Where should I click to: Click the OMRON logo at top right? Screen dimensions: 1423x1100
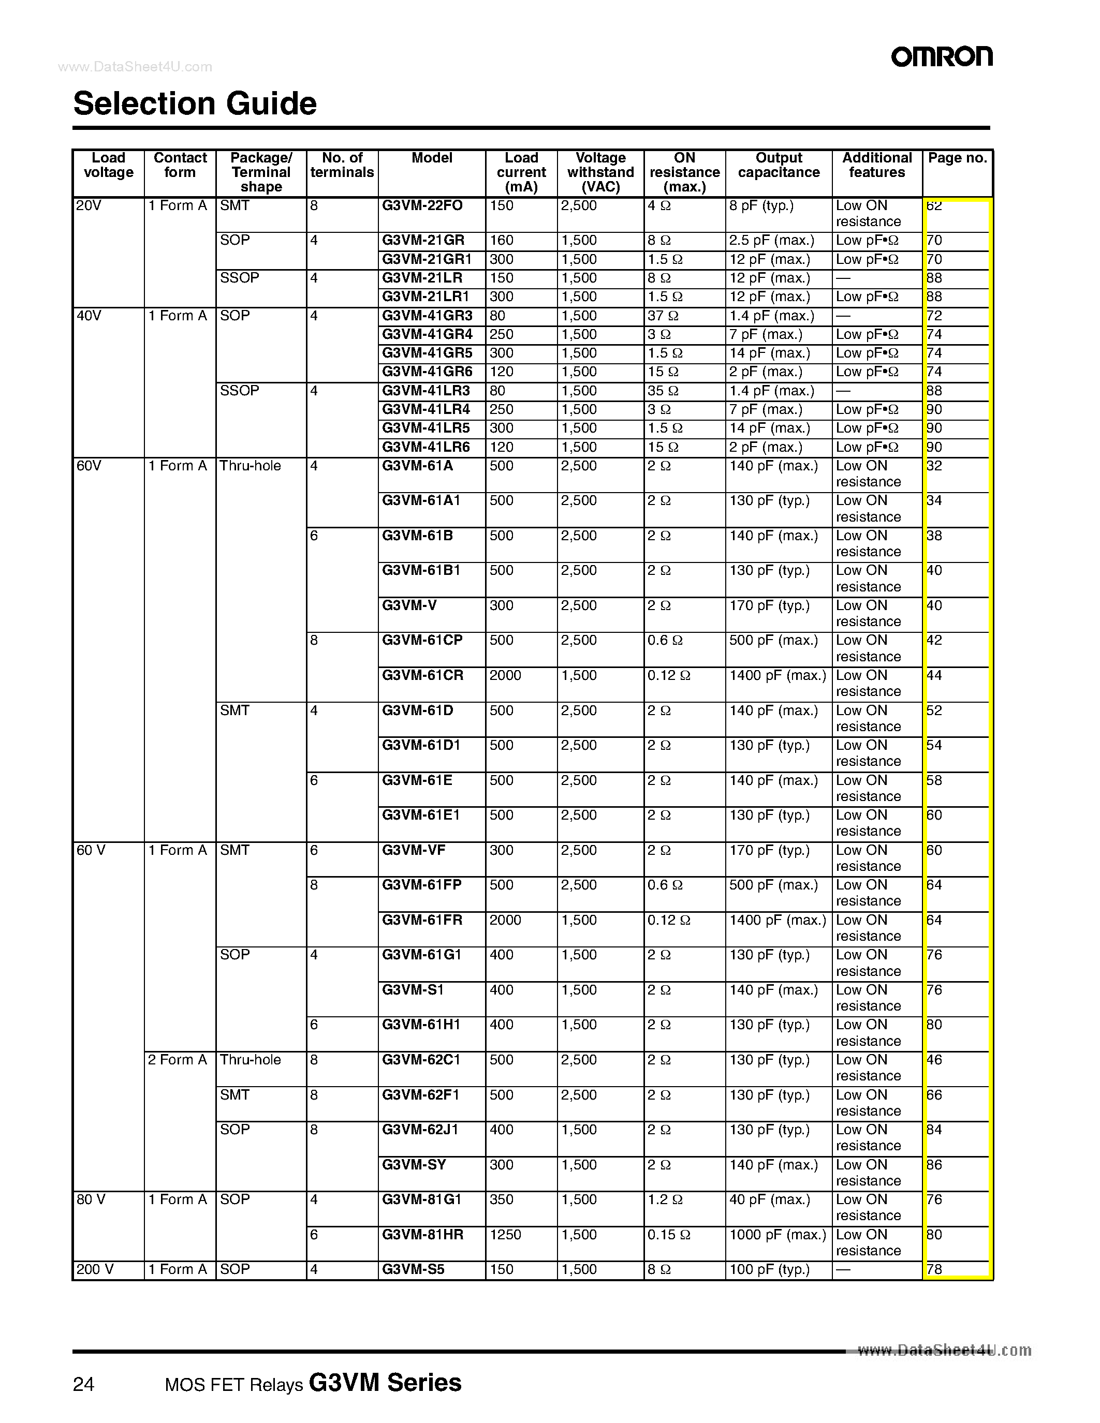click(x=942, y=57)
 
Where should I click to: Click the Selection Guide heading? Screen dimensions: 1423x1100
click(x=195, y=103)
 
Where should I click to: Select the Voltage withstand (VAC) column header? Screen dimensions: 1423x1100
click(x=600, y=173)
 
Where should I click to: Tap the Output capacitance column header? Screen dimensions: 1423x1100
click(x=779, y=166)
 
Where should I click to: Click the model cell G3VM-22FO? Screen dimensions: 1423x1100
click(x=422, y=206)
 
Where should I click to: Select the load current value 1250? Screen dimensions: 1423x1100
click(x=505, y=1235)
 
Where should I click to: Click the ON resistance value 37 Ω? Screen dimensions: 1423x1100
click(x=663, y=316)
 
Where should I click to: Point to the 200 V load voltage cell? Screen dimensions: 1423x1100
click(x=95, y=1269)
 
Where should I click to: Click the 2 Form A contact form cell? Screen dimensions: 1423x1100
click(x=177, y=1060)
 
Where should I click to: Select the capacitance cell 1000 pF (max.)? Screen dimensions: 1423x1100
click(x=778, y=1235)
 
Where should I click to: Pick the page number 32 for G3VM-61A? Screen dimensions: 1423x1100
click(x=934, y=466)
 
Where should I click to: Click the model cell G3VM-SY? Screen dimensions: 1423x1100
click(x=414, y=1165)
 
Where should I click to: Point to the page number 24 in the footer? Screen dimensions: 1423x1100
click(x=83, y=1384)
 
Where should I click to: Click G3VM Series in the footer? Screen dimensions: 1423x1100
click(x=385, y=1382)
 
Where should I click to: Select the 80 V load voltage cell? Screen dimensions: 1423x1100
click(x=91, y=1199)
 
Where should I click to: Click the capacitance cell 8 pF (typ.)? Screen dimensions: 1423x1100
click(x=761, y=206)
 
